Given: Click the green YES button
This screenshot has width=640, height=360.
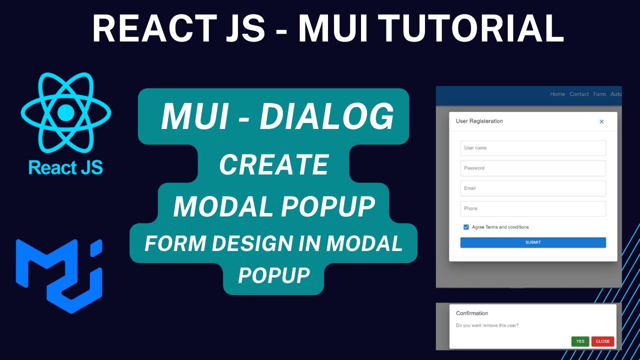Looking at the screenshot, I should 580,341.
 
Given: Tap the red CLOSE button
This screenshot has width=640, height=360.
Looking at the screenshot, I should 602,341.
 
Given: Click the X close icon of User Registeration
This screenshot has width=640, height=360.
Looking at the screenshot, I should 601,121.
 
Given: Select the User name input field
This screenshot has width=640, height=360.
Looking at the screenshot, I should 533,148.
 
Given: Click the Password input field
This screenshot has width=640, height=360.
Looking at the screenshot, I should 533,168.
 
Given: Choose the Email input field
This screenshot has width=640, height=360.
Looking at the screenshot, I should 533,188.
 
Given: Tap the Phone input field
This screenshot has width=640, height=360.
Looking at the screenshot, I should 533,208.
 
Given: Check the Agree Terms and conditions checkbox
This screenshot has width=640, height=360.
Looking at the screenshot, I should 466,227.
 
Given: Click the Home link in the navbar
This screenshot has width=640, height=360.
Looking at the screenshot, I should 557,94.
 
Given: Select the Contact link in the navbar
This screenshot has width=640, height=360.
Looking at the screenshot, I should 579,94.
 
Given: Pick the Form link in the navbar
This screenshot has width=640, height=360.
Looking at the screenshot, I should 599,94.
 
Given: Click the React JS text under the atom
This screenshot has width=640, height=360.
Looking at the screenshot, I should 65,167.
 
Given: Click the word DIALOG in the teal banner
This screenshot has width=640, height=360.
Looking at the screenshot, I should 326,117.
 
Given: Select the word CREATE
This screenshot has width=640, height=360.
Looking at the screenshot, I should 274,164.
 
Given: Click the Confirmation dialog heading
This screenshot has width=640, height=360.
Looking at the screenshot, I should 472,313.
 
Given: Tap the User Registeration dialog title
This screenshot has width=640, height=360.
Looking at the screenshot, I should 479,121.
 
